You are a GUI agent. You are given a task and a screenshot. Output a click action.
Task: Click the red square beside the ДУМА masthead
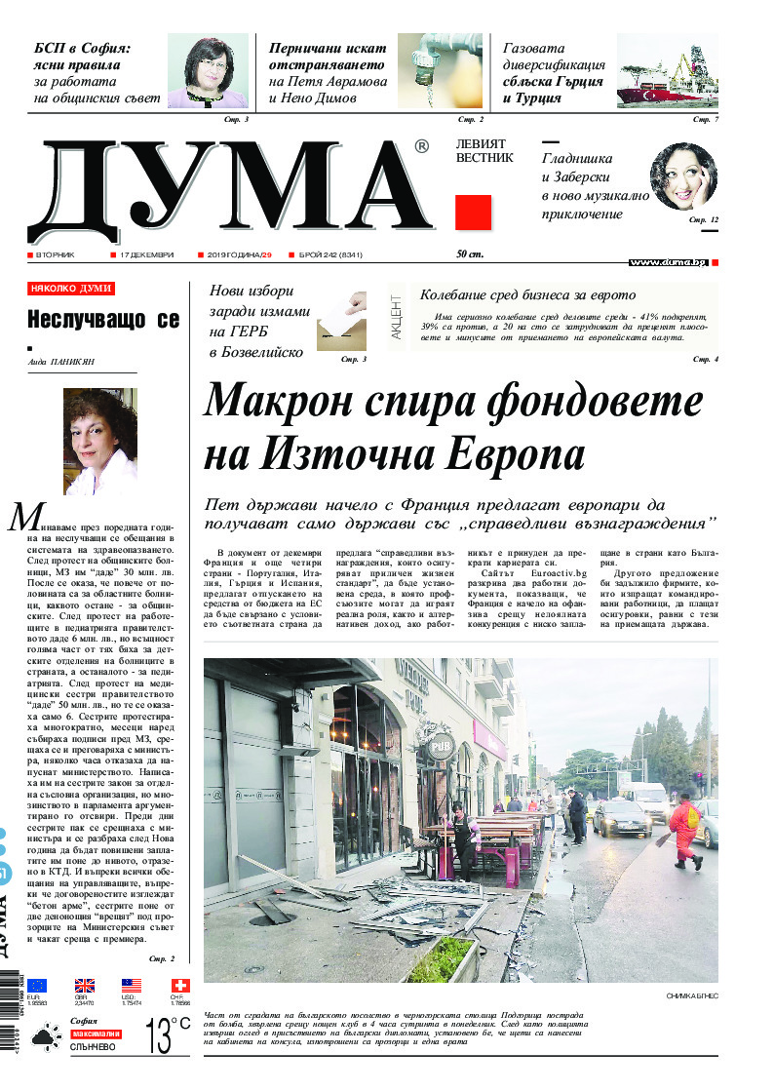473,212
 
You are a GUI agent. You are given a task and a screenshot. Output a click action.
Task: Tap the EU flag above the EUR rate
37,986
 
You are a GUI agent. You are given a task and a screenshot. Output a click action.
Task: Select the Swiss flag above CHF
181,986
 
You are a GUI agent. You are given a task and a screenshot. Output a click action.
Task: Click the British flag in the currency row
85,986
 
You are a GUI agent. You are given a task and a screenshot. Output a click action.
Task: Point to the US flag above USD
132,986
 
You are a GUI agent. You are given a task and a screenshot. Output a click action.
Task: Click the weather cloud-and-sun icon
43,1040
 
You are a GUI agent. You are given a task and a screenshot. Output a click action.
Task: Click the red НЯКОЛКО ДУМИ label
71,289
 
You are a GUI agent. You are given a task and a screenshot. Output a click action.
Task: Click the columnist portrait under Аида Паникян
100,441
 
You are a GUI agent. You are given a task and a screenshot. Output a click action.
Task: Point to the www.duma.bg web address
668,262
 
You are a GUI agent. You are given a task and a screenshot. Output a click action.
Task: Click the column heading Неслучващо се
103,319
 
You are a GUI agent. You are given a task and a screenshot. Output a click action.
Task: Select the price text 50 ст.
470,254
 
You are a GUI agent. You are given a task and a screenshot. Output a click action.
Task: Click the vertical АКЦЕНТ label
397,315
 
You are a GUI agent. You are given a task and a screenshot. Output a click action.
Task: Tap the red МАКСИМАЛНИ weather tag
96,1033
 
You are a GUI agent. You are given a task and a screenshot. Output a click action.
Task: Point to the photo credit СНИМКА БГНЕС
691,995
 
